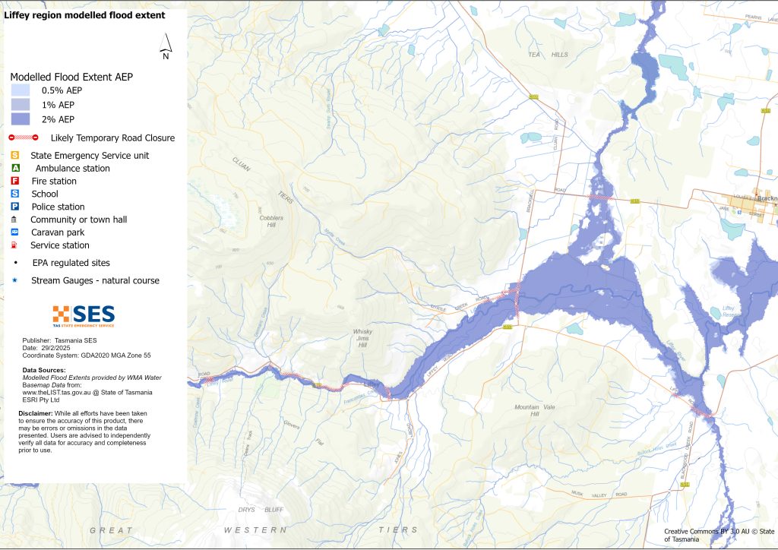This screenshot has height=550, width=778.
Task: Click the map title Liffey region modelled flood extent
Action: click(84, 15)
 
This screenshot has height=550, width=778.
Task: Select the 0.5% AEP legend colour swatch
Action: click(20, 90)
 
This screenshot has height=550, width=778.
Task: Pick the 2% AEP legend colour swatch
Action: click(20, 119)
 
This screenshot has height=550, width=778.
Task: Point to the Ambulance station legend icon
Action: click(15, 168)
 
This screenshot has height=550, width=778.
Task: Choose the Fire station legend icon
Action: click(15, 181)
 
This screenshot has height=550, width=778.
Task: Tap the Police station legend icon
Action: click(15, 207)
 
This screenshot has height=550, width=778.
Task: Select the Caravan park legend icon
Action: click(15, 232)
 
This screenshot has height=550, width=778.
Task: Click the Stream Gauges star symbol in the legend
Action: click(15, 280)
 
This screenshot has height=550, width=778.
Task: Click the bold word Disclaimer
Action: click(35, 413)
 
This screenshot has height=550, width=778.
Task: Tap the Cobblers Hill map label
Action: click(271, 222)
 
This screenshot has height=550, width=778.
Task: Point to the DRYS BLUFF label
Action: click(258, 509)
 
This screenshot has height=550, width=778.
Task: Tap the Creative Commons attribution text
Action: click(717, 535)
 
